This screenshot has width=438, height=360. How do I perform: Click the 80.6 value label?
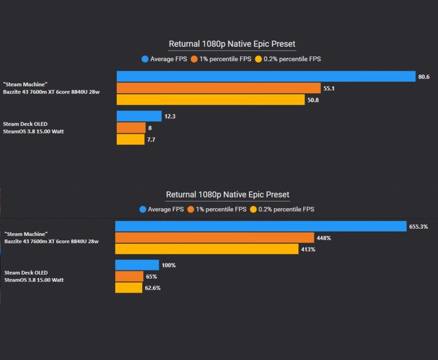(424, 77)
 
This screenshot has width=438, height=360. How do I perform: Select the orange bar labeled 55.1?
(218, 88)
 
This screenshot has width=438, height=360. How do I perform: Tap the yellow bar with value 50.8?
(211, 100)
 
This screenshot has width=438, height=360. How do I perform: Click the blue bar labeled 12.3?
(139, 116)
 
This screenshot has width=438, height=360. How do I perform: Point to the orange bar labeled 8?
(131, 128)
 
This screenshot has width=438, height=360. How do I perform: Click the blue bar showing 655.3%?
(260, 227)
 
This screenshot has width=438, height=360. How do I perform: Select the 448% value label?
(324, 238)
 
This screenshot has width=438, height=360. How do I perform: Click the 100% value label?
(169, 265)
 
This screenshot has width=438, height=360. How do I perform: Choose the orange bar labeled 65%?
(129, 276)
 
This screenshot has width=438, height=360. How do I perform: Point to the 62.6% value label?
(153, 288)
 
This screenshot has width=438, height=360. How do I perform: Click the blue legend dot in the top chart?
(145, 59)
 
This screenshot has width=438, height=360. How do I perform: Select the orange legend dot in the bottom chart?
(190, 209)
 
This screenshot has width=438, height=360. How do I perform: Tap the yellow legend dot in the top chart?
(258, 59)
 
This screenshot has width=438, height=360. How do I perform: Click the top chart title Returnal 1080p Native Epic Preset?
(232, 44)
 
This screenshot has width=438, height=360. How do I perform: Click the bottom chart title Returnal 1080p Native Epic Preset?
(228, 195)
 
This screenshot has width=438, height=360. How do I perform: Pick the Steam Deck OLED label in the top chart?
(25, 124)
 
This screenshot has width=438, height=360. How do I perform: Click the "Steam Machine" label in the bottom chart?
(26, 234)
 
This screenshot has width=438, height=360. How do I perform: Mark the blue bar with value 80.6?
(266, 77)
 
